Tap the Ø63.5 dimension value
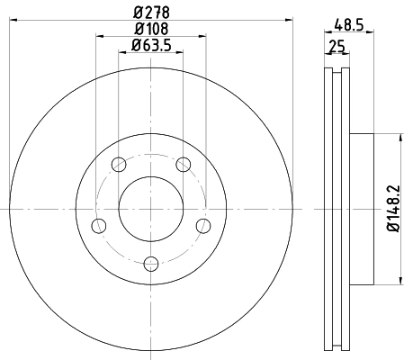click(151, 46)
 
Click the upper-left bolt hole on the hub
click(118, 164)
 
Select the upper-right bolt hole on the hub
click(184, 164)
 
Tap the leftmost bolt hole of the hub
click(99, 225)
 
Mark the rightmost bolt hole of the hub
click(203, 225)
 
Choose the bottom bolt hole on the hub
click(151, 263)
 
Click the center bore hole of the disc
click(151, 208)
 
